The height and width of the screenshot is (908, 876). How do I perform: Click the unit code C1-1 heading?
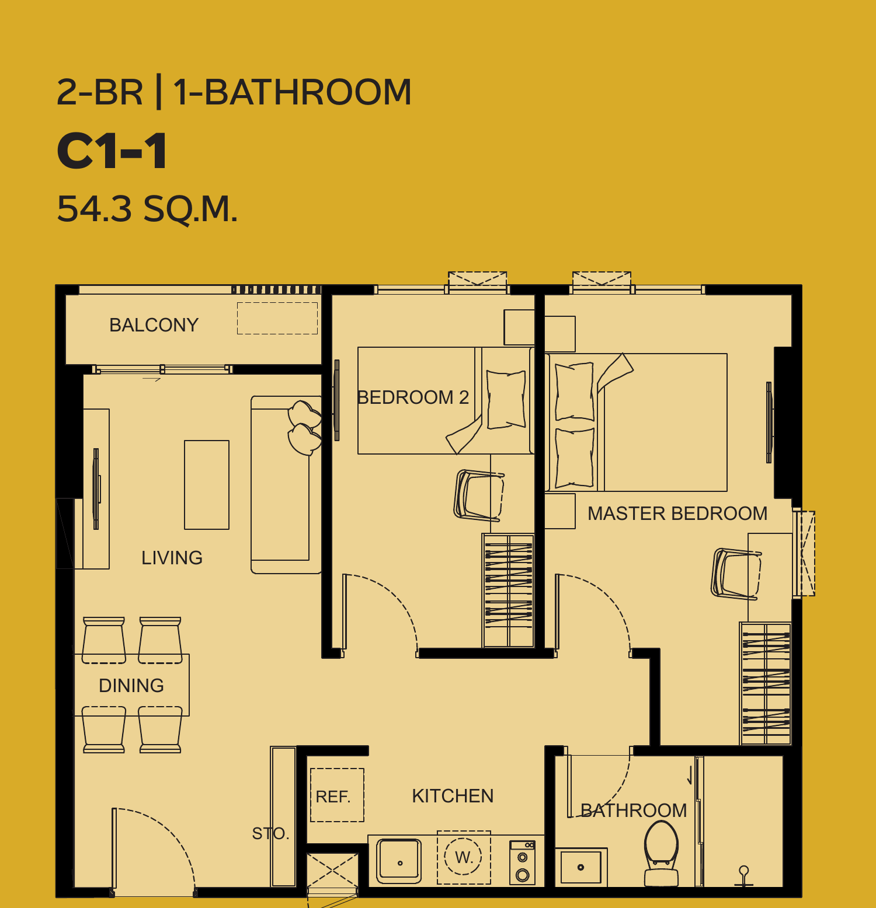(112, 151)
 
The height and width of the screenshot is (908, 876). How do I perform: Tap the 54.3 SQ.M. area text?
(147, 209)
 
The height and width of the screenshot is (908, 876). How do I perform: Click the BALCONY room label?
(154, 325)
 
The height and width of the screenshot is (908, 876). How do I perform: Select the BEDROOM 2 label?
(413, 397)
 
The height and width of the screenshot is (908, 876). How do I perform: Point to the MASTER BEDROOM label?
(677, 514)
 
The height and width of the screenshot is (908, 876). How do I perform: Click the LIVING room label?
(172, 558)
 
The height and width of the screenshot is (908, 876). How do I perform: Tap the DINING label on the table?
(131, 686)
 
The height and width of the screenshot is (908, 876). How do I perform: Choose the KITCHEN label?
(453, 796)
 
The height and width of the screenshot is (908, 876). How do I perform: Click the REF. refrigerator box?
(337, 795)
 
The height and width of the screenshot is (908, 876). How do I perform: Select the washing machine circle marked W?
(464, 857)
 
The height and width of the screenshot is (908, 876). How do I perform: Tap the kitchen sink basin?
(399, 861)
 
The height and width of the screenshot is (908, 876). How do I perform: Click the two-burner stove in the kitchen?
(523, 862)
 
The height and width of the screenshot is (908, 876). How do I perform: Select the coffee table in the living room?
(207, 485)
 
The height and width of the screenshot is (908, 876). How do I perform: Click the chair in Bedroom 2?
(478, 495)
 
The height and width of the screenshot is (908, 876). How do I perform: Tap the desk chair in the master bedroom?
(735, 574)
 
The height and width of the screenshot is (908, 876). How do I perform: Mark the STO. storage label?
(270, 833)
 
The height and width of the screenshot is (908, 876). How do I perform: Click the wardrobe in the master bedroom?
(766, 683)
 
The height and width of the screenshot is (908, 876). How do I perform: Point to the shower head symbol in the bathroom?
(743, 876)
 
